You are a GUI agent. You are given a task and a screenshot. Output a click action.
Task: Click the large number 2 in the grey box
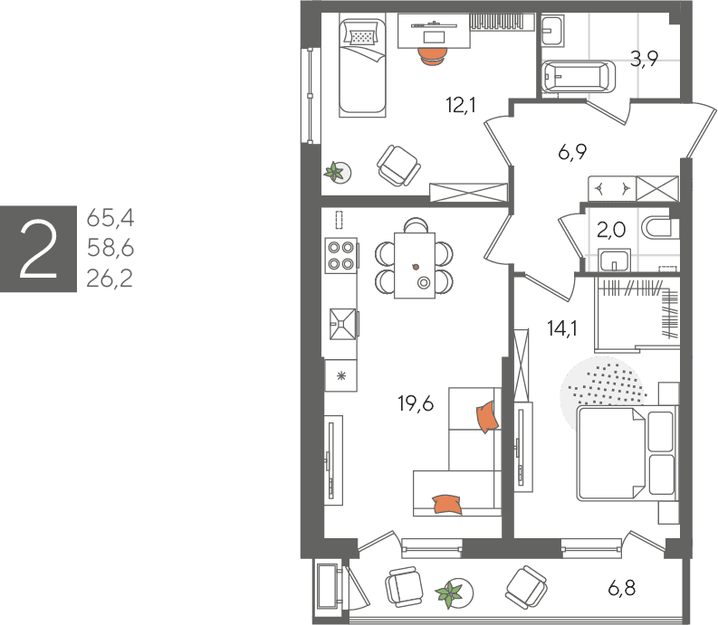pos(38,249)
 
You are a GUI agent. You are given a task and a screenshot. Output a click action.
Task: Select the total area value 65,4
pos(110,218)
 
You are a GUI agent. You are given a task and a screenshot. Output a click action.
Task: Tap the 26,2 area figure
pos(110,279)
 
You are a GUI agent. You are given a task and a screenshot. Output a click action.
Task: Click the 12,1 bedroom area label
pos(461,105)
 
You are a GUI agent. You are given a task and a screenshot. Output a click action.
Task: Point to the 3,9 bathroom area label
pos(644,59)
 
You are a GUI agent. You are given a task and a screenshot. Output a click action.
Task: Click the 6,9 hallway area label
pos(572,151)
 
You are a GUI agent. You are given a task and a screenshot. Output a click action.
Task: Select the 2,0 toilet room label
pos(611,229)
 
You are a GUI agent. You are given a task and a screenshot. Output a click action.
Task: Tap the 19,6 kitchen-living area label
pos(416,403)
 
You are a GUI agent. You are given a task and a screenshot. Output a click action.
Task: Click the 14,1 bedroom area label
pos(562,328)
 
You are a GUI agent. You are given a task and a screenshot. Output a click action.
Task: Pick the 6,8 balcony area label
pos(622,588)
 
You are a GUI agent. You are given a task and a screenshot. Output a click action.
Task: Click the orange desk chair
pos(432,56)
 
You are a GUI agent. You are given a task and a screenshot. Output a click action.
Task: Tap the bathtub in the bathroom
pos(579,77)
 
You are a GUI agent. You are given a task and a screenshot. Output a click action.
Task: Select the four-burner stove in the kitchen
pos(341,256)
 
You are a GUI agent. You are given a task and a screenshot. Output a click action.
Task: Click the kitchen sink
pos(342,325)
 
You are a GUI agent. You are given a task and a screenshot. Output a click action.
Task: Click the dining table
pos(415,265)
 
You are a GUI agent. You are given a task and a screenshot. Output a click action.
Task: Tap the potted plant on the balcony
pos(449,594)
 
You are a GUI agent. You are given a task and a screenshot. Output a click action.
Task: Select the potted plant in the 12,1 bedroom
pos(335,173)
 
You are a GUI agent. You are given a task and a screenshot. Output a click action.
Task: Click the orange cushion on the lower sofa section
pos(448,504)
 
